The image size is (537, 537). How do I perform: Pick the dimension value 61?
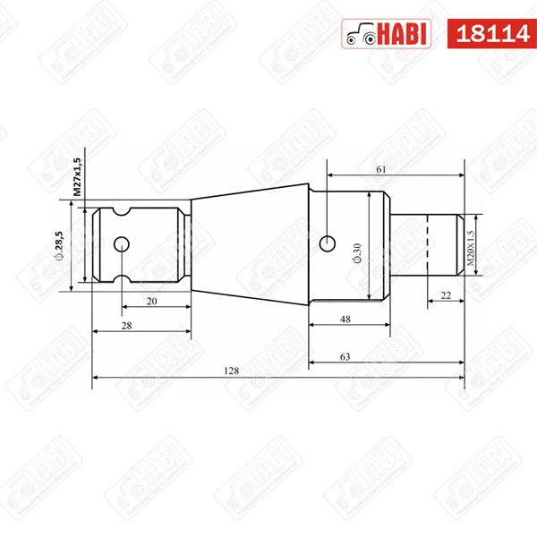point(381,168)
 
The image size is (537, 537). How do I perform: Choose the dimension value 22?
point(445,294)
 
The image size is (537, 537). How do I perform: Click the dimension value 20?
point(151,302)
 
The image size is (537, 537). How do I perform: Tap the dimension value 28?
point(126,327)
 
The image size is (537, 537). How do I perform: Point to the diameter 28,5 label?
point(58,245)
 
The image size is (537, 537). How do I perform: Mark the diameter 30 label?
point(356,253)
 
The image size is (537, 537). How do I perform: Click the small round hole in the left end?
point(121,244)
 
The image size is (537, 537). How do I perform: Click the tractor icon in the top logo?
point(361,34)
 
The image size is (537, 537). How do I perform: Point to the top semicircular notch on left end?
point(121,212)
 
